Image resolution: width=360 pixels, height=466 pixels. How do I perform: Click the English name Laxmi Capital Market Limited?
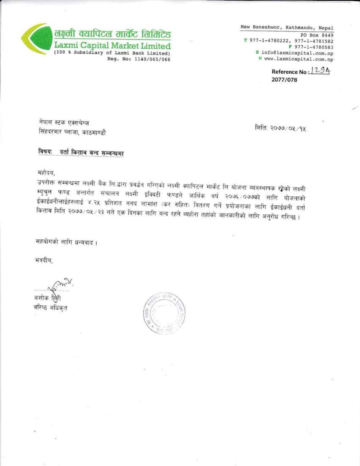click(x=112, y=45)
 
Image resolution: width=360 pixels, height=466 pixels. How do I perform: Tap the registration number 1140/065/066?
click(x=149, y=59)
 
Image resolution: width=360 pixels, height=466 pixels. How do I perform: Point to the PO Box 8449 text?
click(x=317, y=35)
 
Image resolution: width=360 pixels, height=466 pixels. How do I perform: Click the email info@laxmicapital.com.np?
click(x=297, y=53)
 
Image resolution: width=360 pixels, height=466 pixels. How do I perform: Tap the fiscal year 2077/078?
click(x=284, y=80)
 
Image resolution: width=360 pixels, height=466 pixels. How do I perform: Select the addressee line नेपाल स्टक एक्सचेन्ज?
click(x=64, y=123)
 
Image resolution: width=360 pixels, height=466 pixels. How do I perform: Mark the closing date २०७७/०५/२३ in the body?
click(x=91, y=217)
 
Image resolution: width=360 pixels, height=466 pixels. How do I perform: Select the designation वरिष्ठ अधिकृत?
click(x=50, y=308)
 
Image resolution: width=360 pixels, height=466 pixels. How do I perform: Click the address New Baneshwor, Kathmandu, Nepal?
click(x=287, y=27)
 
